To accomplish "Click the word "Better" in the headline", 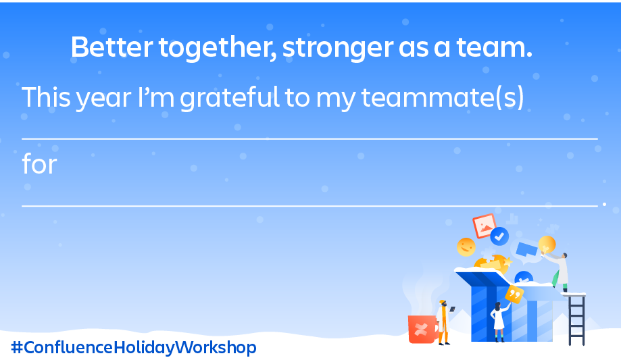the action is [111, 47].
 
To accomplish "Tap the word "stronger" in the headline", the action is [339, 49].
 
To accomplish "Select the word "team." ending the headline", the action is [494, 47].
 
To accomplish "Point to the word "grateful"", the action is [230, 97].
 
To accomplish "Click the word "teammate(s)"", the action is [443, 97].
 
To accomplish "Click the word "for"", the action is [40, 163].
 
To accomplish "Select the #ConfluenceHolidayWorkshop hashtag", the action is [134, 347].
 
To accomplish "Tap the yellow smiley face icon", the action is [466, 247].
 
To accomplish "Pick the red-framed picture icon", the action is [485, 226].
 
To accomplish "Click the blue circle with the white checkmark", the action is [499, 236].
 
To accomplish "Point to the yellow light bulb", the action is [547, 245].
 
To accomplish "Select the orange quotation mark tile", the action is [514, 294].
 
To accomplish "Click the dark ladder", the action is [576, 319].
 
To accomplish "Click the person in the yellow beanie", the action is [443, 322].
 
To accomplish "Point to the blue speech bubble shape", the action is [526, 249].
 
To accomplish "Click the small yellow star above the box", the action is [507, 262].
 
